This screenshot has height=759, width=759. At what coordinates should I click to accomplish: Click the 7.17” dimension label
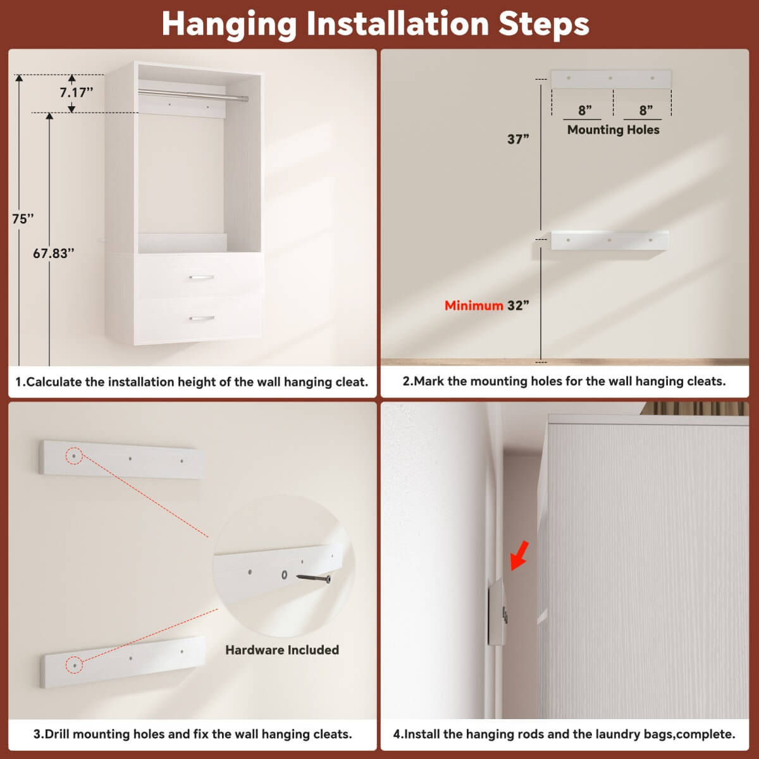tap(77, 92)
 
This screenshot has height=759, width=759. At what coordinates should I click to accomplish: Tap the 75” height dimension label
tap(23, 219)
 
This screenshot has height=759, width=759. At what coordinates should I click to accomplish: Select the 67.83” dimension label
tap(54, 254)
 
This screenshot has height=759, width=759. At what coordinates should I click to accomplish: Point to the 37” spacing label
tap(518, 139)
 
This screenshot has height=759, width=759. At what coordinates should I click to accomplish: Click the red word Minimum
tap(473, 305)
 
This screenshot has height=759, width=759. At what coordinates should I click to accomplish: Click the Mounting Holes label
tap(613, 130)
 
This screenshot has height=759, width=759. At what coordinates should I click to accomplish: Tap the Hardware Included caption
tap(282, 650)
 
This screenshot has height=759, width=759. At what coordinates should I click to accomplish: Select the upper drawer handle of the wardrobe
tap(201, 277)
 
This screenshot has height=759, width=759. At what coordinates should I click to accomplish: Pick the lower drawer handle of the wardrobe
tap(201, 318)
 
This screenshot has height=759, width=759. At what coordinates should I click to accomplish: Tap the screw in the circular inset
tap(314, 578)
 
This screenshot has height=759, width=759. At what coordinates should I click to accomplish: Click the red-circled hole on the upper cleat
tap(74, 455)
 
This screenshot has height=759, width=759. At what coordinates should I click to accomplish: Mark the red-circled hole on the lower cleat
tap(74, 664)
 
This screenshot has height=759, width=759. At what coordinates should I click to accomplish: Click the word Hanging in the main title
tap(229, 24)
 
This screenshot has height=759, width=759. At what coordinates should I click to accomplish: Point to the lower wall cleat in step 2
tap(610, 240)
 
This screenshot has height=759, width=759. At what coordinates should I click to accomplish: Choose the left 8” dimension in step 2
tap(584, 111)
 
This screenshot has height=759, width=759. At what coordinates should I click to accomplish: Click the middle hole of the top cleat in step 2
tap(610, 78)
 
